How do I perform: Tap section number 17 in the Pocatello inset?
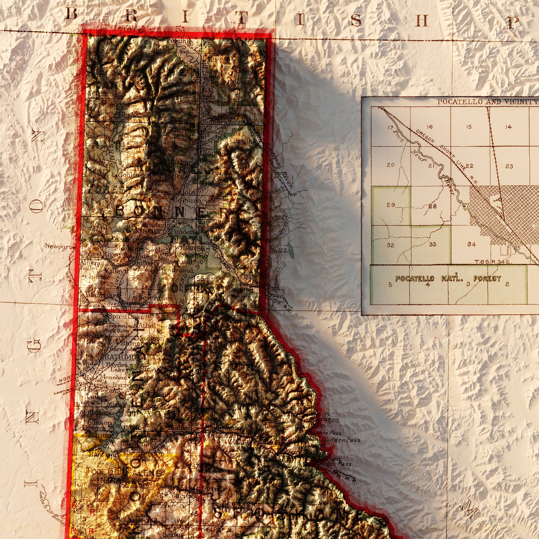point(390,128)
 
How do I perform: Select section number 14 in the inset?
point(508,127)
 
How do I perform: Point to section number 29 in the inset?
point(391,205)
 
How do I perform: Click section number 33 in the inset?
point(433,244)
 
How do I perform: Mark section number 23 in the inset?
point(509,166)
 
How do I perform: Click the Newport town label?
point(58,246)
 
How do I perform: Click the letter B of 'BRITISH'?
point(71,14)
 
